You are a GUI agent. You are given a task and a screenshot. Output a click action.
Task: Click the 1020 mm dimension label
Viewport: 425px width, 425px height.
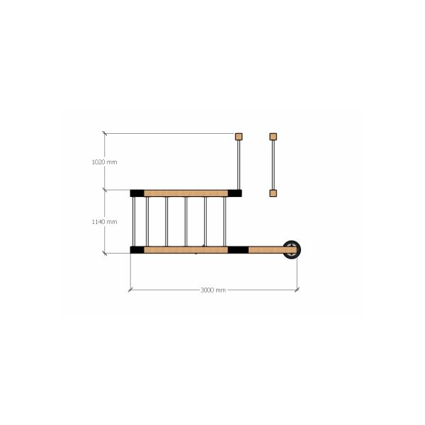[x=105, y=162]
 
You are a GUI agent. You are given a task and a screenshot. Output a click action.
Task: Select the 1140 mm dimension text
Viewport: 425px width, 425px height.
[x=105, y=222]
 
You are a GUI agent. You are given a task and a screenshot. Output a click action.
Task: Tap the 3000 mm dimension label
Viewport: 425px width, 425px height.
[x=213, y=290]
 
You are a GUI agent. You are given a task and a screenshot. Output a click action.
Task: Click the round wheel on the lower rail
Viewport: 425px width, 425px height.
[x=292, y=249]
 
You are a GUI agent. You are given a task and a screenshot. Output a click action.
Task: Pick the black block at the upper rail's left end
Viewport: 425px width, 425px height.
[x=137, y=193]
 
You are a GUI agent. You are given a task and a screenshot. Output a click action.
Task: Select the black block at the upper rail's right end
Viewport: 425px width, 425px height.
[x=234, y=193]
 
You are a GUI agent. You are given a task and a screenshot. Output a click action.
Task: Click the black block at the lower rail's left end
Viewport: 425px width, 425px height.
[x=137, y=250]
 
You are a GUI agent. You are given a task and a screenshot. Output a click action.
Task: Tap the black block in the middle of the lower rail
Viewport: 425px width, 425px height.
[x=238, y=250]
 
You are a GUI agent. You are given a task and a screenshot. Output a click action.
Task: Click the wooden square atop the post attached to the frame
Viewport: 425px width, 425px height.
[x=239, y=137]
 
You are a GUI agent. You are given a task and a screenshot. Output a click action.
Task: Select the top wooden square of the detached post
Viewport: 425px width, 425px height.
[x=273, y=137]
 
